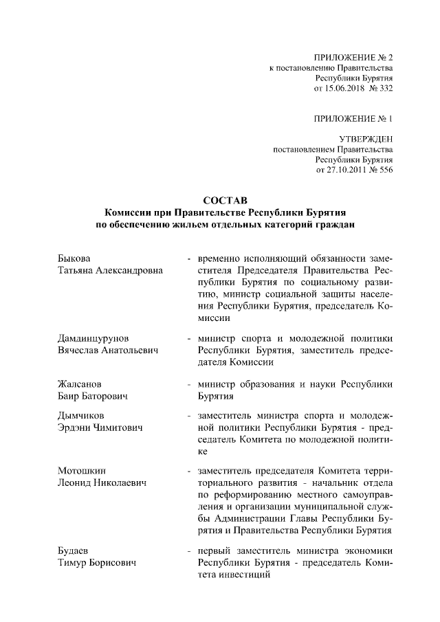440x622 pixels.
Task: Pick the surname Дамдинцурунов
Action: point(93,339)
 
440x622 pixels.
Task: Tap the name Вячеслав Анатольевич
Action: point(107,351)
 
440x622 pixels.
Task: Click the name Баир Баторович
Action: point(93,397)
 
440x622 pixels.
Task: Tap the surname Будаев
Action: point(74,550)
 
